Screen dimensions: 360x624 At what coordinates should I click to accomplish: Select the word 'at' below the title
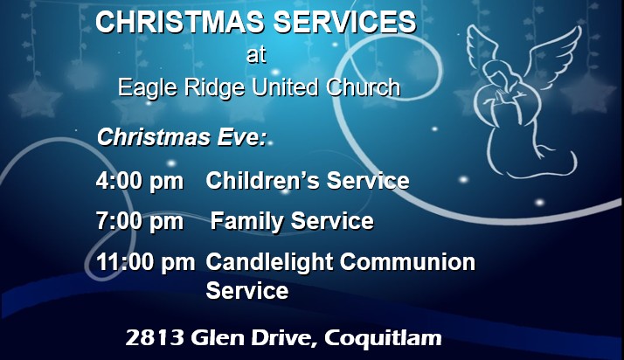[256, 56]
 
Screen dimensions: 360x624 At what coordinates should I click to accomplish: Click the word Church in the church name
[368, 87]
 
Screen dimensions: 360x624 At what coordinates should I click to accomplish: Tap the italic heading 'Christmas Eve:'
[183, 137]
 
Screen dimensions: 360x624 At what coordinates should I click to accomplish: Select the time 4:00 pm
[140, 182]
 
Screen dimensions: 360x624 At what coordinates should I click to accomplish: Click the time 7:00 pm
[140, 222]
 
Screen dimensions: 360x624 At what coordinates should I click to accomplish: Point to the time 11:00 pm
[146, 262]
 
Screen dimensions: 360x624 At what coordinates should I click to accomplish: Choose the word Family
[246, 222]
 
